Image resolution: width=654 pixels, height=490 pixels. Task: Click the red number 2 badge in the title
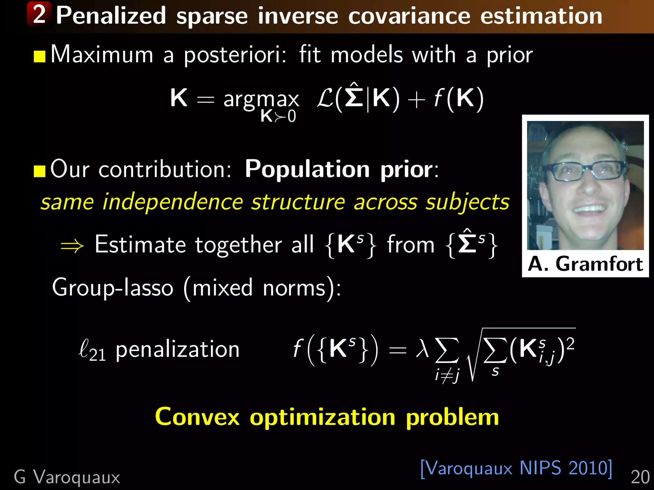[39, 14]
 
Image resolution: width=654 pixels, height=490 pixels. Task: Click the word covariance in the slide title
[409, 16]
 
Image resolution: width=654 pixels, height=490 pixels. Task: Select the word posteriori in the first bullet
[235, 55]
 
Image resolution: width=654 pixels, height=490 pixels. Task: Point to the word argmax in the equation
[261, 99]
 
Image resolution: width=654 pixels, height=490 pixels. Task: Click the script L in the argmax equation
[325, 99]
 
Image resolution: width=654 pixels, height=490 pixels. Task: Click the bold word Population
[307, 169]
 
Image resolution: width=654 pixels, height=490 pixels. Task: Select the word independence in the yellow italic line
[172, 202]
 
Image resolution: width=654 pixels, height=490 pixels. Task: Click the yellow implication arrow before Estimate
[72, 246]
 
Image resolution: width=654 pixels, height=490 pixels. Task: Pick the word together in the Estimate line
[238, 245]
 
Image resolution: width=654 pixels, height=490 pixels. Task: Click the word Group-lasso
[113, 288]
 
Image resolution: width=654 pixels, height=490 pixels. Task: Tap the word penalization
[178, 349]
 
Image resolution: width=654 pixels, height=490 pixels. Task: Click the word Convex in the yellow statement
[197, 417]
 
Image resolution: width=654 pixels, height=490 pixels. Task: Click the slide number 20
[640, 478]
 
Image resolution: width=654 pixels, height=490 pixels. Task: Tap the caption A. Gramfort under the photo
[585, 264]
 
